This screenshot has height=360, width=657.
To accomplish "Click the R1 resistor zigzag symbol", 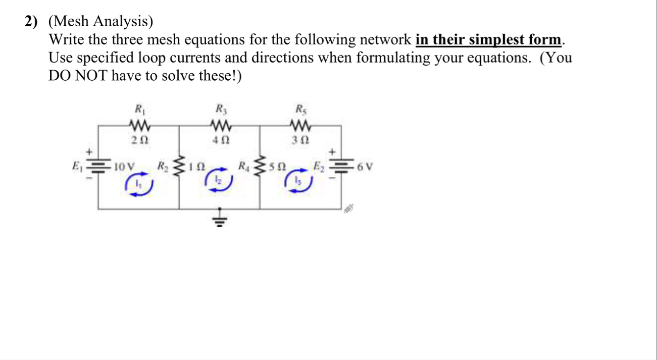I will click(x=138, y=124).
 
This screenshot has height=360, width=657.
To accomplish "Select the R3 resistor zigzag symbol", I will click(x=220, y=124).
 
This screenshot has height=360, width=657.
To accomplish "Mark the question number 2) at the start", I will click(x=31, y=22).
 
